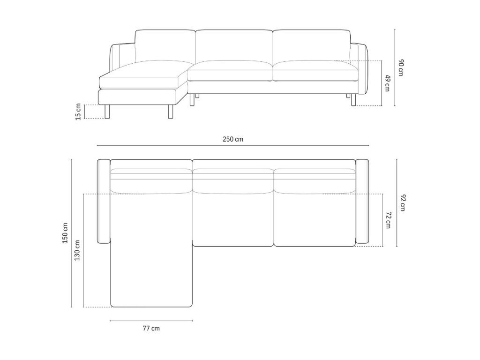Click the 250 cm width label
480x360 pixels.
coord(233,139)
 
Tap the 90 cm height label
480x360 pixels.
coord(401,68)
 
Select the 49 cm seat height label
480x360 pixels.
coord(388,83)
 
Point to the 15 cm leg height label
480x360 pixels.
coord(78,112)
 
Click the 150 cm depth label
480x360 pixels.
coord(65,233)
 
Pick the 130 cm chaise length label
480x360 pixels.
coord(77,250)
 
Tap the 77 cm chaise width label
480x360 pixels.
coord(151,329)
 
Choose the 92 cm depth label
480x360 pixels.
coord(403,202)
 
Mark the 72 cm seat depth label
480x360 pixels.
coord(388,220)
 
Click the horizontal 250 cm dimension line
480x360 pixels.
coord(233,146)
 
